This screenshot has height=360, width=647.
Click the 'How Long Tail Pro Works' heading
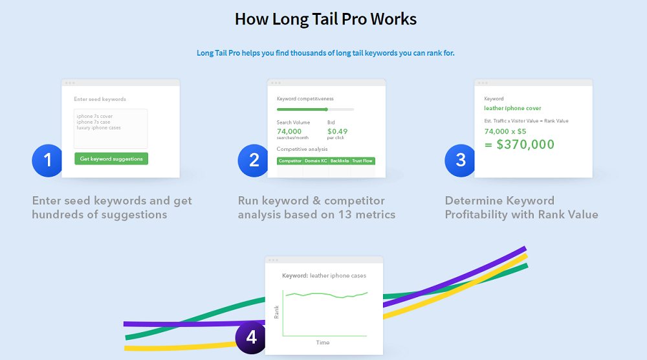[x=325, y=19]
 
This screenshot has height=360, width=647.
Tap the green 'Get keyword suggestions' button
[x=111, y=159]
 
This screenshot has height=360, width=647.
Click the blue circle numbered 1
[x=47, y=160]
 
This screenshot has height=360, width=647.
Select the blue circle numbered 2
[x=254, y=160]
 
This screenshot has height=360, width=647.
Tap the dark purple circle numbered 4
[x=251, y=337]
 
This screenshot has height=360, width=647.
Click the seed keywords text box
[x=111, y=128]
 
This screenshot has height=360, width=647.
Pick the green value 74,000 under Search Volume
[x=290, y=131]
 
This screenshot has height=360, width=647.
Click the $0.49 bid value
[x=337, y=131]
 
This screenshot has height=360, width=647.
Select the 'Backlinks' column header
[x=339, y=161]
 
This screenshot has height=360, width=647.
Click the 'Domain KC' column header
[x=315, y=161]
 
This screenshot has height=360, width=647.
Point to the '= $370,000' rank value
[x=520, y=144]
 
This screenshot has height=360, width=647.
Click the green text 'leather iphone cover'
[x=512, y=108]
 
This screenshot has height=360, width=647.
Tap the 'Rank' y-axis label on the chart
[x=277, y=312]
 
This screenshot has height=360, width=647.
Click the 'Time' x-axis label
[x=323, y=343]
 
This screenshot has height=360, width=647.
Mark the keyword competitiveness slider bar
[x=315, y=109]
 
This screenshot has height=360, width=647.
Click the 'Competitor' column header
[x=290, y=161]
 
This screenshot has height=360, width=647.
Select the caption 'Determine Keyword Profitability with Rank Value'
[x=521, y=207]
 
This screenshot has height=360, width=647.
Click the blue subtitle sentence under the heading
[x=325, y=52]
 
